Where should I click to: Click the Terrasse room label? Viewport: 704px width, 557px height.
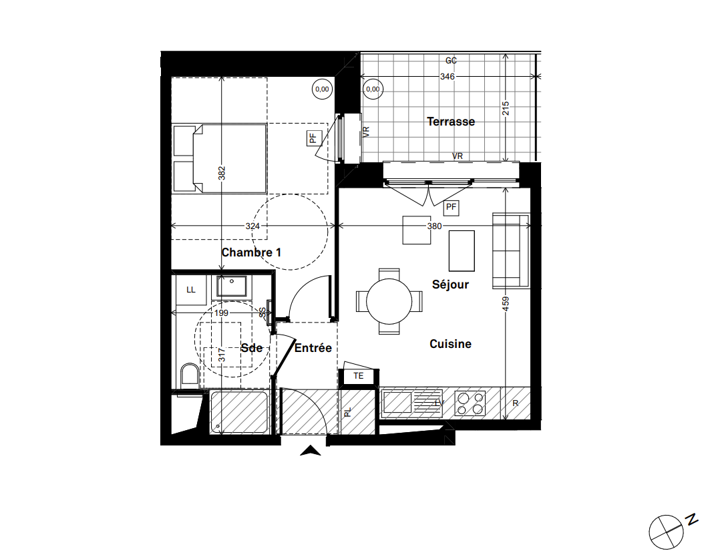451,122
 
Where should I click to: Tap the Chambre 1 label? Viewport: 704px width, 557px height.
251,252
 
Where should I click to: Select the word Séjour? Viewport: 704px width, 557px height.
450,285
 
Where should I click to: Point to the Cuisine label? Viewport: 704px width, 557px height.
450,344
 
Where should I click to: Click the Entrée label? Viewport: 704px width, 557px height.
313,348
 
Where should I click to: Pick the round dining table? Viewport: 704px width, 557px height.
389,301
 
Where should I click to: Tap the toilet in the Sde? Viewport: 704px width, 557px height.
190,375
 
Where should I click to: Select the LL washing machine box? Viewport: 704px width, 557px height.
191,290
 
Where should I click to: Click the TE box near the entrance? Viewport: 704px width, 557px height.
359,376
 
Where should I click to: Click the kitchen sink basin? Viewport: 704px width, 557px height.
397,403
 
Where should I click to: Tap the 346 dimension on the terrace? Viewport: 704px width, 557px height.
447,77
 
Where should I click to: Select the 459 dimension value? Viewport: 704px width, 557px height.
506,305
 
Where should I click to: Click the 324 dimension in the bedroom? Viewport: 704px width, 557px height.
252,226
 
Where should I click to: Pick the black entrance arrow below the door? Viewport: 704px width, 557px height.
310,452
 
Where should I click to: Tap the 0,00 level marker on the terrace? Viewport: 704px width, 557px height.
373,88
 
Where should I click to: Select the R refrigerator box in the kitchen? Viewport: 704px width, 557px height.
516,403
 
